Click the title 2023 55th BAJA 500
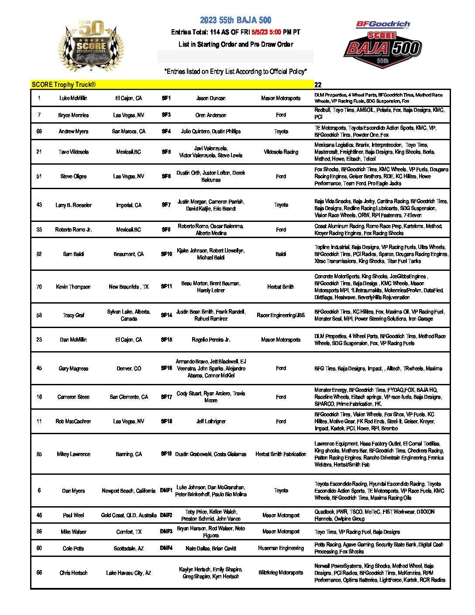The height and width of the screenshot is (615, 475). pos(235,20)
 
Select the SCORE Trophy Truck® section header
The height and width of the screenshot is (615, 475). pos(64,85)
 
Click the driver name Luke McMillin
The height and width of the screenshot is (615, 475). pos(73,98)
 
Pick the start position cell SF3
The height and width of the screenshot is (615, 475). pos(166,115)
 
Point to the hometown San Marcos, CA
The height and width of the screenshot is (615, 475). pos(128,131)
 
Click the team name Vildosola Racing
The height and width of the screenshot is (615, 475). pos(281,152)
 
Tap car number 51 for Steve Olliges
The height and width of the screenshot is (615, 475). pos(39,176)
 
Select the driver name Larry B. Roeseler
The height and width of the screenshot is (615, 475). pos(73,205)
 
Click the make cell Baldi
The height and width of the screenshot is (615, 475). pos(281,254)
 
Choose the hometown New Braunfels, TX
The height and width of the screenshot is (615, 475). pos(128,287)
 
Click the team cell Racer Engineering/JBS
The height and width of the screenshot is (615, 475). pos(281,315)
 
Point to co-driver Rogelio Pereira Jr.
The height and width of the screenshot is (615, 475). pos(211,339)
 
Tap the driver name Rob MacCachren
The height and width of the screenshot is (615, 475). pos(73,422)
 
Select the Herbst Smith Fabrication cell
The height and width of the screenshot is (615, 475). pos(281,454)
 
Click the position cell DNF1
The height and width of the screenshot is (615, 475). pos(166,491)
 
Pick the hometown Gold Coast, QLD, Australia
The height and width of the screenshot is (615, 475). pos(128,515)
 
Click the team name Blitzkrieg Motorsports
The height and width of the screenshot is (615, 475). pos(281,573)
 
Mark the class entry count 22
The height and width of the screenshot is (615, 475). pos(318,85)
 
